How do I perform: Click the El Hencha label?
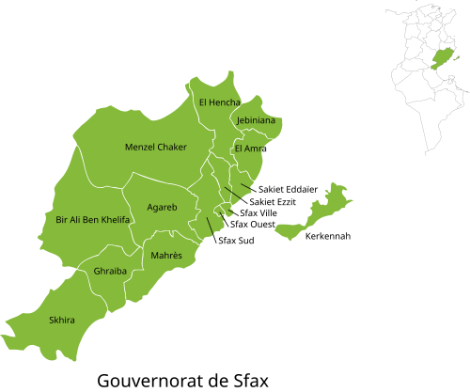pyautogui.click(x=220, y=102)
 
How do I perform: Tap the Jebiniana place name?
pyautogui.click(x=256, y=120)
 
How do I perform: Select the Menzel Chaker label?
pyautogui.click(x=156, y=147)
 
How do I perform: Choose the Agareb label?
pyautogui.click(x=163, y=207)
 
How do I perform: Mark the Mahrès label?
pyautogui.click(x=166, y=256)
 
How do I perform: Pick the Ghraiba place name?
pyautogui.click(x=110, y=271)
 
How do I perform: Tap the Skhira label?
pyautogui.click(x=62, y=320)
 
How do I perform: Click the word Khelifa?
pyautogui.click(x=115, y=219)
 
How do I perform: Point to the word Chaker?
pyautogui.click(x=172, y=147)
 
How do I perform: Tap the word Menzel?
pyautogui.click(x=140, y=147)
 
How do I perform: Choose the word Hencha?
pyautogui.click(x=226, y=102)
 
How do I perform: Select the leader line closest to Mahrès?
pyautogui.click(x=208, y=226)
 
